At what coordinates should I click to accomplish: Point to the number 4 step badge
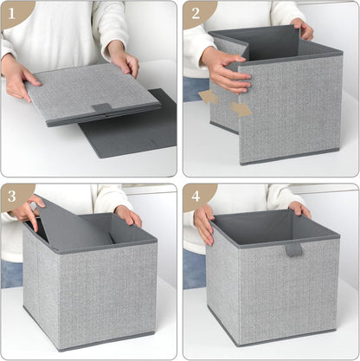click(x=196, y=197)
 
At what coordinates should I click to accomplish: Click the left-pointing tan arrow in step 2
click(x=209, y=96)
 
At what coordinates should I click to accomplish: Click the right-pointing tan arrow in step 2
click(x=241, y=109)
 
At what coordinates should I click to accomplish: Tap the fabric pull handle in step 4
click(x=294, y=249)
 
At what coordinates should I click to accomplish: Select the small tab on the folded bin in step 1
click(x=101, y=107)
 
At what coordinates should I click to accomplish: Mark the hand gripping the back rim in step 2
click(x=303, y=29)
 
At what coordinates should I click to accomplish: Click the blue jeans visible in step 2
click(x=194, y=88)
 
